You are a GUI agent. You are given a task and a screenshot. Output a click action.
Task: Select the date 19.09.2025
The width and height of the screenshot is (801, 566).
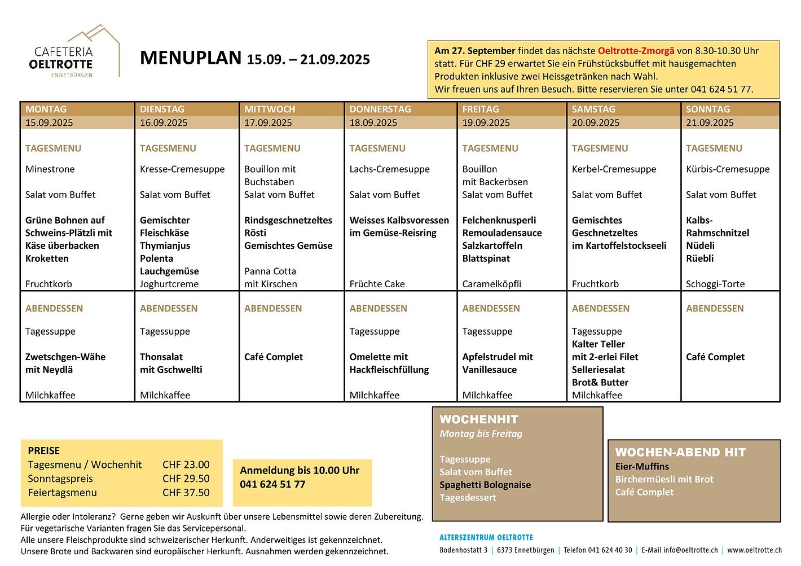486,122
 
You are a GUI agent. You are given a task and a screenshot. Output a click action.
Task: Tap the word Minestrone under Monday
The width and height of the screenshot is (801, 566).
50,169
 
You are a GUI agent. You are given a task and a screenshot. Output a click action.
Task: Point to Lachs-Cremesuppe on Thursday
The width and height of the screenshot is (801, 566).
389,169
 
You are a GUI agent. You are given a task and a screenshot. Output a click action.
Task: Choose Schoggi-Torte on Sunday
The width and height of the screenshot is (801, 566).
715,284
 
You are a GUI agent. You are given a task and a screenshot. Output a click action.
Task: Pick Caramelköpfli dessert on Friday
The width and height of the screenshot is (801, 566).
491,284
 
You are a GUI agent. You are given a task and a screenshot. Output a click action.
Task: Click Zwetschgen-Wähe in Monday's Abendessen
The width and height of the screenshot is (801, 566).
65,357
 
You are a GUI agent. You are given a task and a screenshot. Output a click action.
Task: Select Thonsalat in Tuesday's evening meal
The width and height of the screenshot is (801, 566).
161,357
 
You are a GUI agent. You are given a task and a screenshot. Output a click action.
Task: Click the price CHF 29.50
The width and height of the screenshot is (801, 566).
186,479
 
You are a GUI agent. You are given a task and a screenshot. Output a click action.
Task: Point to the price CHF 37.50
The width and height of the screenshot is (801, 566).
186,493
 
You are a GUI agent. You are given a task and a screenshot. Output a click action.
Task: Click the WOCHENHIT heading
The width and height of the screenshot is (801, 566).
478,419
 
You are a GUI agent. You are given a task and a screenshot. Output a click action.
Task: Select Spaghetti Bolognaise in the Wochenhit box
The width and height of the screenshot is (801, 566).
485,485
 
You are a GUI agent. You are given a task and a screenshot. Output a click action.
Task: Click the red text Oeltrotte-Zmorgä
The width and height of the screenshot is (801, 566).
636,51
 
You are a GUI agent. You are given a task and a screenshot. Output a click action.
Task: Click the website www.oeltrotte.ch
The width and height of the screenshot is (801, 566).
754,550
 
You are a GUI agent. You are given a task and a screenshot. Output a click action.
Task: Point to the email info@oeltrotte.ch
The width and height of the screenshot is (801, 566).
690,550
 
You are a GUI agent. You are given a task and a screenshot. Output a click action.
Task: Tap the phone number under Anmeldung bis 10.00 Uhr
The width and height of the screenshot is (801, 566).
272,484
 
